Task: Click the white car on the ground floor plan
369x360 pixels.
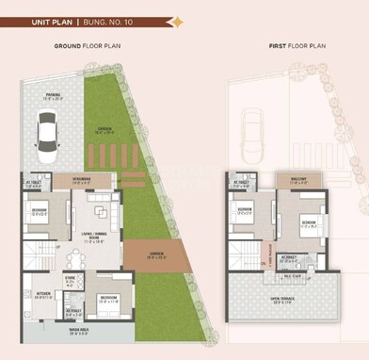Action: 46,133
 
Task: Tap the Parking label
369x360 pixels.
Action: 53,95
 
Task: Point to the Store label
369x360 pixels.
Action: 71,280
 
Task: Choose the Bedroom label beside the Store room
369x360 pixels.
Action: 107,300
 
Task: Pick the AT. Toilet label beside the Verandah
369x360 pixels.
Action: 35,183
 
